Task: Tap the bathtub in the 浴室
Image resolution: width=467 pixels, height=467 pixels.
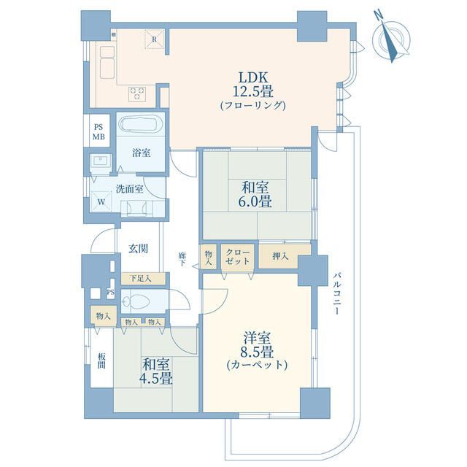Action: click(141, 125)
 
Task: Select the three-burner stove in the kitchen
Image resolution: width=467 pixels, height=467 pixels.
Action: click(137, 93)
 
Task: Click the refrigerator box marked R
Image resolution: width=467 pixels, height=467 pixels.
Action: click(154, 39)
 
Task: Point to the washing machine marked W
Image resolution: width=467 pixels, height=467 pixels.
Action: click(101, 201)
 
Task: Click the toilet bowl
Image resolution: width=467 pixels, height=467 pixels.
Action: click(136, 301)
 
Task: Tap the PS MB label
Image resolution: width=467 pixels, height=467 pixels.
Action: click(99, 132)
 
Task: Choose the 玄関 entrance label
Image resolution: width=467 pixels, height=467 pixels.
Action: click(138, 248)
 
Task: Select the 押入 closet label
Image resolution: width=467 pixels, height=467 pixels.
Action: click(280, 256)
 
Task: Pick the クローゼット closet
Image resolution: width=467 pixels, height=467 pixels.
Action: click(237, 258)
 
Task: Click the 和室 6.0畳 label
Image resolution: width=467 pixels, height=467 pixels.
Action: click(255, 195)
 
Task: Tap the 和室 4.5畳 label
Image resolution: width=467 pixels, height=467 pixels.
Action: click(156, 371)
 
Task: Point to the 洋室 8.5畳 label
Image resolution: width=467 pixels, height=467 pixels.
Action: click(257, 352)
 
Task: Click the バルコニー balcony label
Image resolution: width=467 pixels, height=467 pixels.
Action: click(336, 293)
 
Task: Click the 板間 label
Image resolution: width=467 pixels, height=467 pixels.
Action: click(101, 360)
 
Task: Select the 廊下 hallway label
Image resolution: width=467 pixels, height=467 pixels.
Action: click(182, 259)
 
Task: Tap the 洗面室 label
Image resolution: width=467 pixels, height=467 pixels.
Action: click(129, 189)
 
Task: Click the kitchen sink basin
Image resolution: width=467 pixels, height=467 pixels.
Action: click(107, 68)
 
